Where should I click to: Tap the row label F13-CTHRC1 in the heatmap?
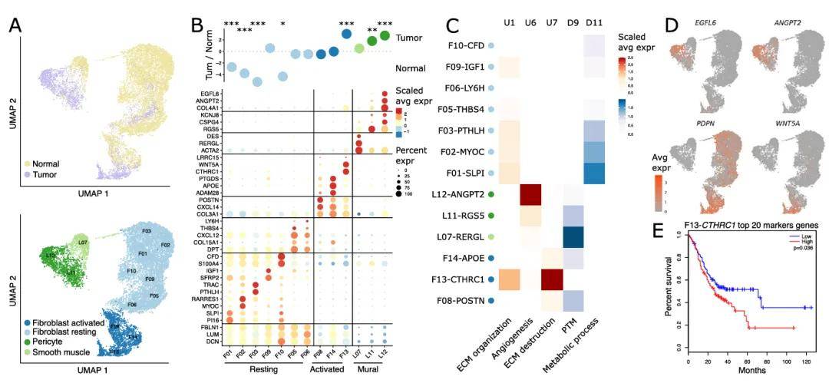pyautogui.click(x=458, y=279)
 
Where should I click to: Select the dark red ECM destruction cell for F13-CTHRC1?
pyautogui.click(x=559, y=279)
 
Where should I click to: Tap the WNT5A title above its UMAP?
pyautogui.click(x=784, y=125)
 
